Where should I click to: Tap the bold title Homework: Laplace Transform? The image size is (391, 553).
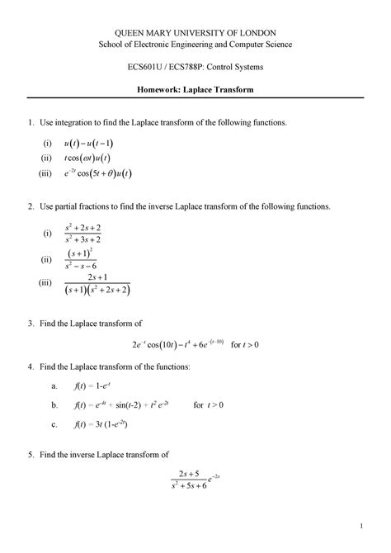[x=195, y=88]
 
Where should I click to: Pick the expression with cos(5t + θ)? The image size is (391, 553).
[x=100, y=173]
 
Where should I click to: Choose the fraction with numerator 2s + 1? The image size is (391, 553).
[x=97, y=285]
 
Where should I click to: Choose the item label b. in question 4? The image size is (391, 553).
[x=54, y=405]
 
